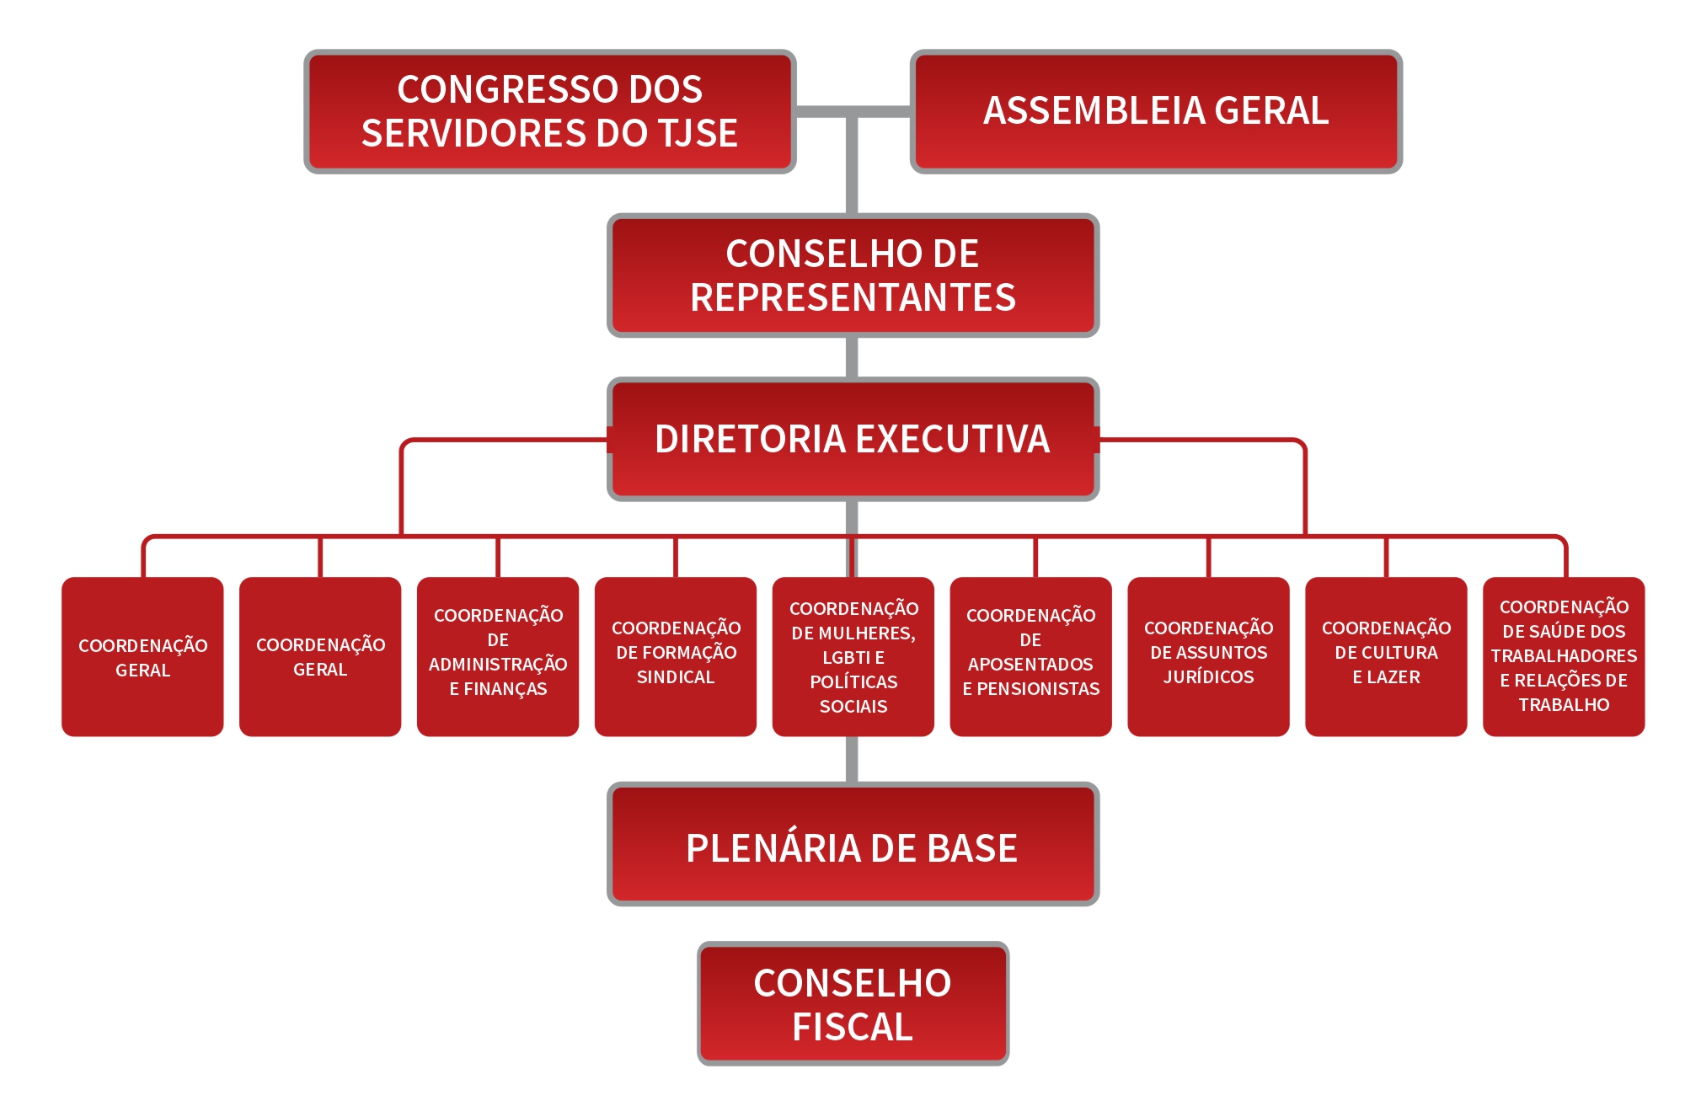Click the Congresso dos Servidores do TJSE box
pos(549,111)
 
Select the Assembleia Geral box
pos(1156,111)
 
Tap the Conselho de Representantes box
pos(853,275)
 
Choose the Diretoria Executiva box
pos(853,439)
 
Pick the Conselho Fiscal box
pos(853,1004)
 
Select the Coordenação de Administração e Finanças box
pos(498,656)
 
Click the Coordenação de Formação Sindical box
pos(676,656)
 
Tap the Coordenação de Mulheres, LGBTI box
pos(853,656)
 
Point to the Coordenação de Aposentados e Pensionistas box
pos(1030,656)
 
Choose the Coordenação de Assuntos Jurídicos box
pos(1208,656)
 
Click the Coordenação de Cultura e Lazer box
pos(1386,656)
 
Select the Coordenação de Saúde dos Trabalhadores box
pos(1564,656)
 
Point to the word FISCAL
pos(853,1027)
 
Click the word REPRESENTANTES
pos(853,297)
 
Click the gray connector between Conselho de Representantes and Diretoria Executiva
pos(852,357)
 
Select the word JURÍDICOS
pos(1208,677)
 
